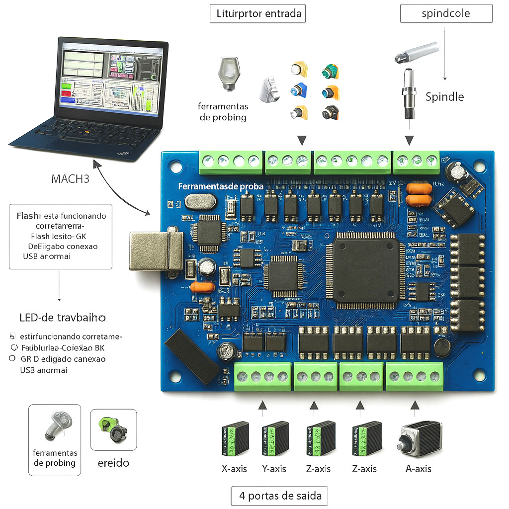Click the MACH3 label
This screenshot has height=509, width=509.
pos(70,178)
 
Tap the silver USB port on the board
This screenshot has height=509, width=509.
pos(155,251)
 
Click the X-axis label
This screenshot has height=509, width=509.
pos(234,469)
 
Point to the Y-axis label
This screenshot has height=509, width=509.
pos(274,469)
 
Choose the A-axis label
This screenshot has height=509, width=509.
pos(418,469)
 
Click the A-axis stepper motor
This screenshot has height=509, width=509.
pos(420,437)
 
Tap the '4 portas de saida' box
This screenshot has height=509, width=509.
pos(279,496)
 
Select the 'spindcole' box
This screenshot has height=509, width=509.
pos(446,14)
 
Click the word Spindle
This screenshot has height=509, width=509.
pos(444,96)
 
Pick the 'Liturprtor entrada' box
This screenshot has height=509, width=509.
pos(257,13)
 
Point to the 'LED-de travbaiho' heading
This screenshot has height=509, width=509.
pos(62,317)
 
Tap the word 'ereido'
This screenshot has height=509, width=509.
pos(113,463)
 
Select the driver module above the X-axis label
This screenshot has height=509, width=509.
pos(235,438)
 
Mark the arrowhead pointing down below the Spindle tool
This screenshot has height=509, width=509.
pos(409,140)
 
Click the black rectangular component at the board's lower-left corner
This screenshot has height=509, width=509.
pos(192,357)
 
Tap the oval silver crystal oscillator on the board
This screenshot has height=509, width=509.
pos(200,201)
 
